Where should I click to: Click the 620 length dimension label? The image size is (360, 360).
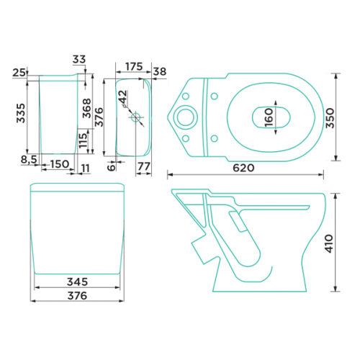tap(243, 168)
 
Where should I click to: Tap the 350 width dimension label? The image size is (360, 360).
tap(330, 118)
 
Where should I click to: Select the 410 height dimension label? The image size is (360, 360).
tap(329, 244)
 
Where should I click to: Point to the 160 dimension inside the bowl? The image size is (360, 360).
tap(269, 117)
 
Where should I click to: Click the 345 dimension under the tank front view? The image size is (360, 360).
tap(77, 282)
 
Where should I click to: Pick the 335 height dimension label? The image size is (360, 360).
tap(21, 113)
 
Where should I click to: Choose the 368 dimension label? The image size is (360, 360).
tap(87, 108)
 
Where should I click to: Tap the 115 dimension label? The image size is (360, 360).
tap(83, 140)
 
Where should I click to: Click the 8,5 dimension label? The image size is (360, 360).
tap(29, 160)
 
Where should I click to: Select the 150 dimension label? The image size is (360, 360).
tap(60, 164)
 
